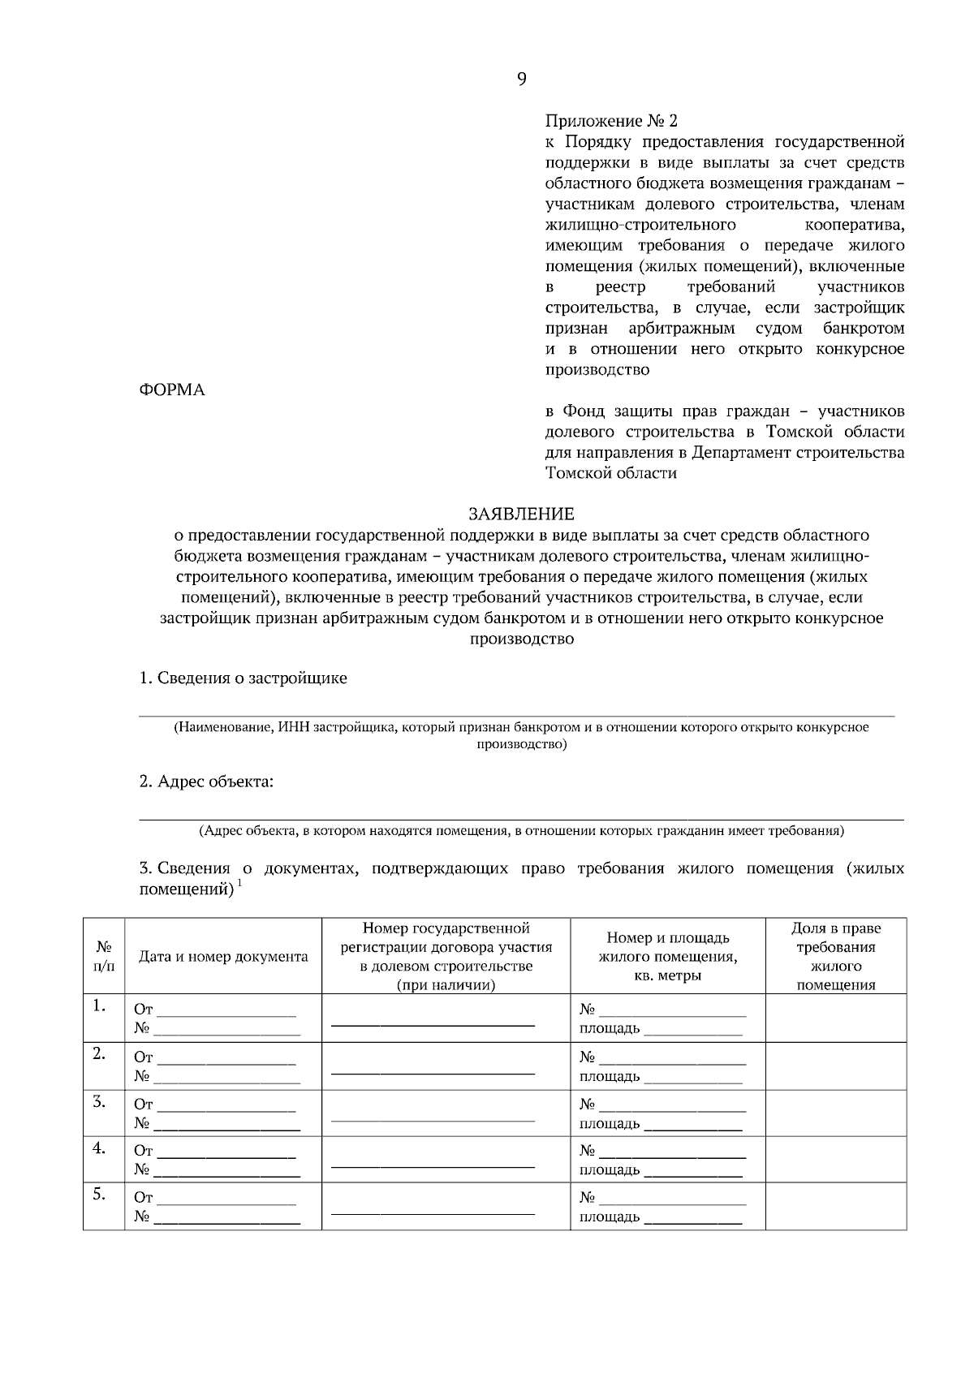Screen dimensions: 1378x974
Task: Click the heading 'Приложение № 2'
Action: [x=610, y=122]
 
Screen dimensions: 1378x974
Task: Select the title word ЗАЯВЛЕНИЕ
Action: [x=521, y=515]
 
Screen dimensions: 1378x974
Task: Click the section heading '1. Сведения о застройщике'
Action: [x=243, y=678]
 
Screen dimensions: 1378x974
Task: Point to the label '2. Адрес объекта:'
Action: [x=206, y=782]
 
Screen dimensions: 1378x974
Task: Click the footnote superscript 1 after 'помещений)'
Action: [x=239, y=885]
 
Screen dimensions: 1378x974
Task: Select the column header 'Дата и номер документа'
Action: [x=223, y=957]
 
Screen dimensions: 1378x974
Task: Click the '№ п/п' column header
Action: [x=104, y=957]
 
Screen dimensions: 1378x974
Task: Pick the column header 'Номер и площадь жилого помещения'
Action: [x=667, y=957]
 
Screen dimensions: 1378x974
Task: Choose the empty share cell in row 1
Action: [x=836, y=1018]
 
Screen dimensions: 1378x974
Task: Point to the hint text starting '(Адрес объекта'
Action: [x=521, y=831]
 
